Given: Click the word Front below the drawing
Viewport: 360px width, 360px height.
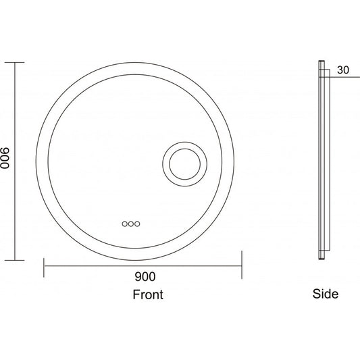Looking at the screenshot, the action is coord(148,294).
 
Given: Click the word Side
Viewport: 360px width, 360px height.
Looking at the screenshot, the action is coord(326,294).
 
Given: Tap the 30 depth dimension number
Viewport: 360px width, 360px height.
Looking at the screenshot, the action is coord(343,70).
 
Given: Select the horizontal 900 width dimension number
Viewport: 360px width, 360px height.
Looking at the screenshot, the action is coord(145,277).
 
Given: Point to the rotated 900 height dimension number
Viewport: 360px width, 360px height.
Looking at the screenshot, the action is coord(5,158).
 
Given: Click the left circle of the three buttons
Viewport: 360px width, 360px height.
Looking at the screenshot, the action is coord(125,224).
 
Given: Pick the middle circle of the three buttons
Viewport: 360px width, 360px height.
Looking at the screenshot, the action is coord(131,224).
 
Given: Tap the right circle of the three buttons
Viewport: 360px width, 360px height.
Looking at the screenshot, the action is coord(137,224).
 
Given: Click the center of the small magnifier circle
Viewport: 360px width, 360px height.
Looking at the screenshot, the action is coord(184,164).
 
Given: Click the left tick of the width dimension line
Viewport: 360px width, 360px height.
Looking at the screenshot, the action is coord(44,267).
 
